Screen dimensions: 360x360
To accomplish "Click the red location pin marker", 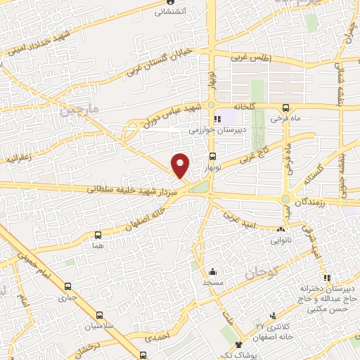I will [x=181, y=165].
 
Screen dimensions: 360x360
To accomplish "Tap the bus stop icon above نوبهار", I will [x=212, y=157].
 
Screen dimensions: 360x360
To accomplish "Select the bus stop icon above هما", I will [x=98, y=236].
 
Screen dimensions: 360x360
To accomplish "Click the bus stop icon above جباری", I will [x=68, y=286].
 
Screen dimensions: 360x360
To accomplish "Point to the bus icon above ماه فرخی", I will [x=285, y=108].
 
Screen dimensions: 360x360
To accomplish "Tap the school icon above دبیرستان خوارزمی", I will [x=218, y=119].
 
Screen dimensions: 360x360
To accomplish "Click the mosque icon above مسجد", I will [x=212, y=271].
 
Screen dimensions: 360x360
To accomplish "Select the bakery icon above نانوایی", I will [x=281, y=229].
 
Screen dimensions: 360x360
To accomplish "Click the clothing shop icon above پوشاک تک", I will [x=239, y=345].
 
